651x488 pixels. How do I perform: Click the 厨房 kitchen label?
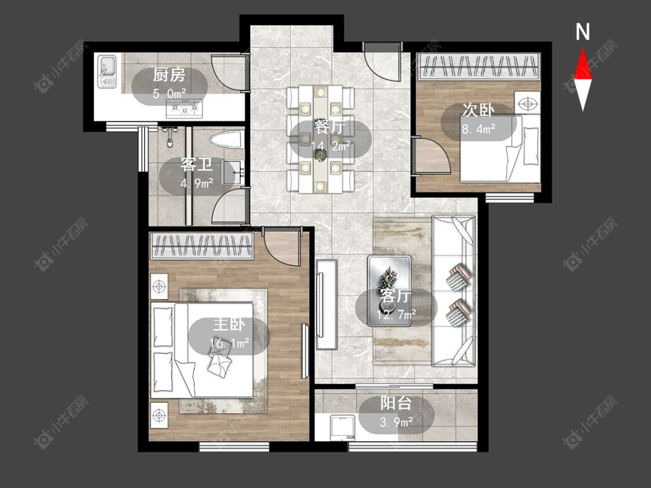[x=168, y=75]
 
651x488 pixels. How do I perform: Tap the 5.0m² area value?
[x=169, y=94]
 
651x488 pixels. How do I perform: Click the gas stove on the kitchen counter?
[x=185, y=109]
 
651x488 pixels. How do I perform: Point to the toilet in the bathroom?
[x=226, y=140]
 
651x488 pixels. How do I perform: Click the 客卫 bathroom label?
[x=196, y=165]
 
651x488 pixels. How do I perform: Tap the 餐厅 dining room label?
[x=330, y=127]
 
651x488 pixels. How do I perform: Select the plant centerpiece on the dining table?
[x=320, y=154]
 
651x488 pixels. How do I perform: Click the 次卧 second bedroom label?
[x=479, y=110]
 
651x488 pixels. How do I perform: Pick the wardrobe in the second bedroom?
[x=479, y=66]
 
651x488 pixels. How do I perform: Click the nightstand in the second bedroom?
[x=527, y=102]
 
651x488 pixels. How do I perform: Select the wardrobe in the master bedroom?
[x=202, y=246]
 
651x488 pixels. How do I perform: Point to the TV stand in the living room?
[x=326, y=304]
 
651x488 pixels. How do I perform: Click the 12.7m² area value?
[x=396, y=315]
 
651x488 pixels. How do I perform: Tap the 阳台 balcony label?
[x=396, y=404]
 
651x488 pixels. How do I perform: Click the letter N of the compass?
[x=583, y=32]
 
